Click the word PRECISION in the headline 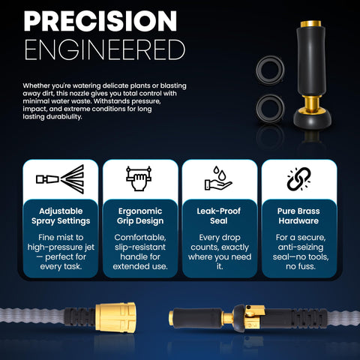tap(100, 21)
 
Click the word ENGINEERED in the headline tap(105, 49)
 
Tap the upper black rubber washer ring tap(270, 70)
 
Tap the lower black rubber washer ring tap(270, 109)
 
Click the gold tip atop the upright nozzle tap(310, 24)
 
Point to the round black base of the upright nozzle tap(312, 119)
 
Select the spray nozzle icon tap(60, 179)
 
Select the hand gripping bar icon tap(139, 178)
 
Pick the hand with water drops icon tap(218, 178)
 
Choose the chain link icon tap(299, 179)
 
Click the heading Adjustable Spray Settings tap(61, 216)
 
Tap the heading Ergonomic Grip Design tap(140, 216)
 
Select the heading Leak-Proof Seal tap(219, 216)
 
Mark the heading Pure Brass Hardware tap(298, 216)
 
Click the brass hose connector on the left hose tap(115, 318)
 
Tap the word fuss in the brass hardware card tap(307, 266)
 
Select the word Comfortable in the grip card tap(140, 237)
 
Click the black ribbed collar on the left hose tap(79, 317)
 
